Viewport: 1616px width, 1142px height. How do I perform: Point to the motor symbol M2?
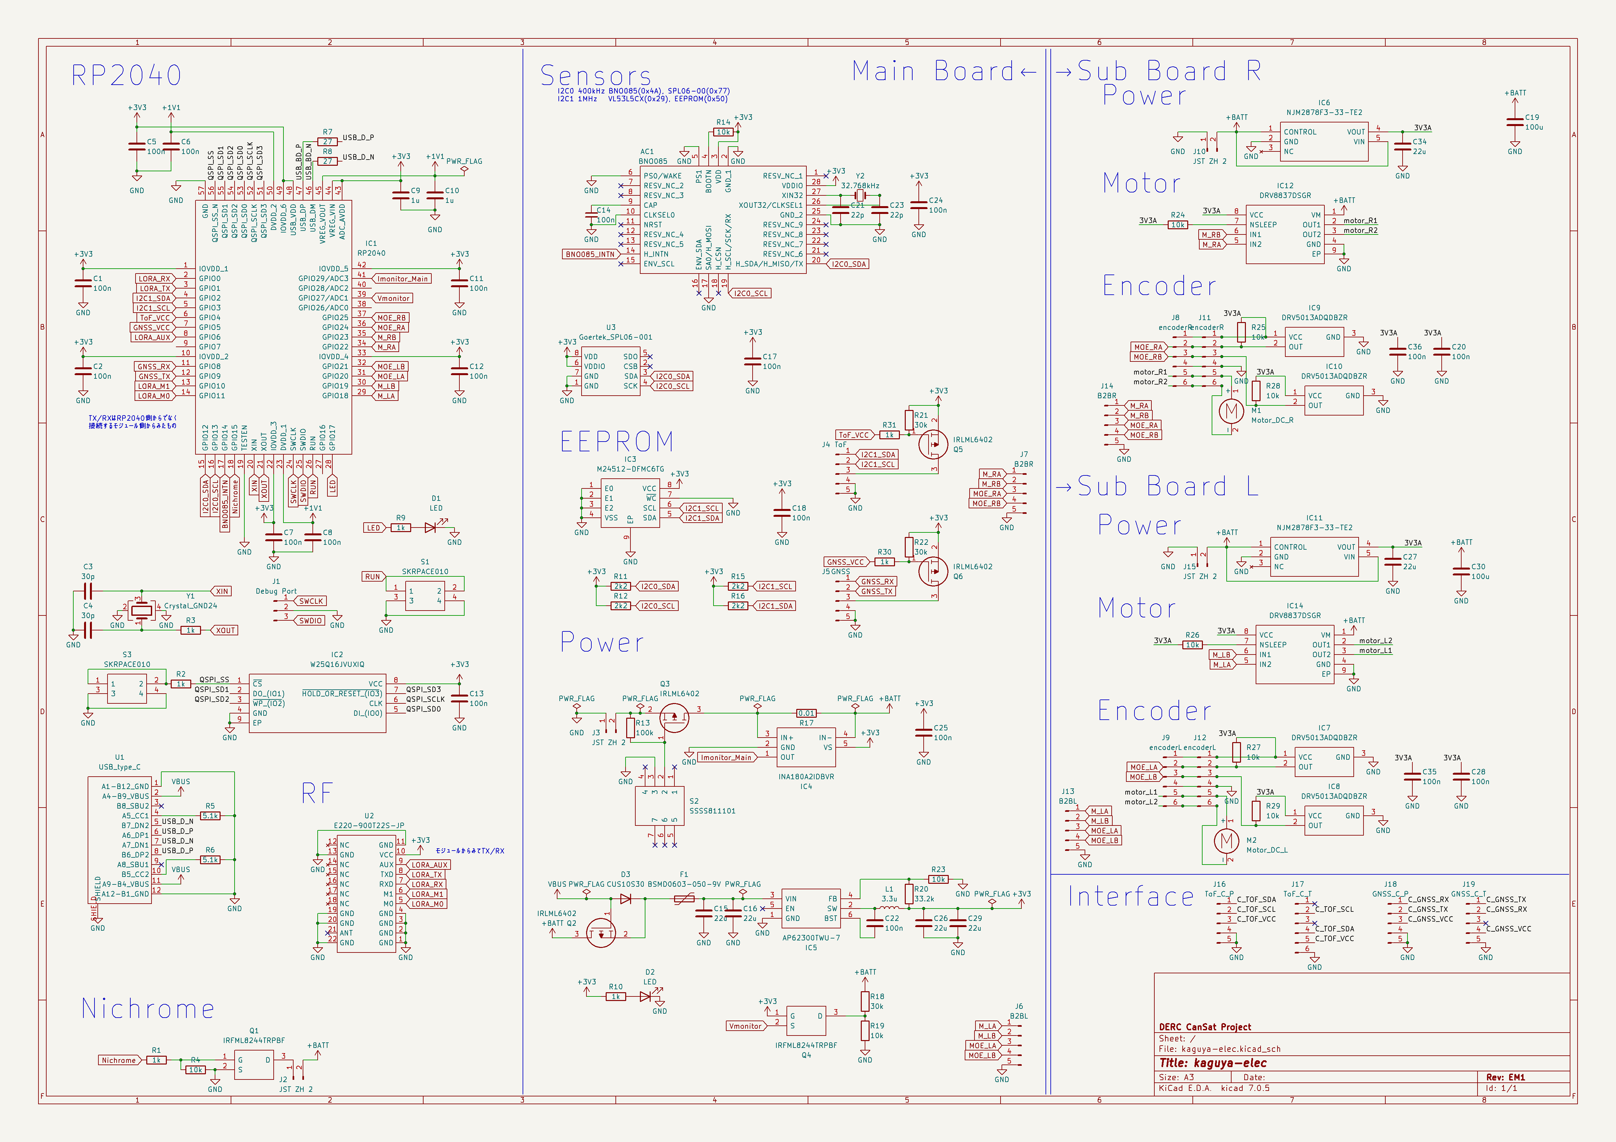tap(1226, 840)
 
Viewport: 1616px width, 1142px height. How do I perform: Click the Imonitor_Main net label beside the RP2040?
tap(401, 279)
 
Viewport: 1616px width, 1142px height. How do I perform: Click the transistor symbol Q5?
tap(933, 445)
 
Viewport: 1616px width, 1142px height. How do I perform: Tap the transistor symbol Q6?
tap(933, 571)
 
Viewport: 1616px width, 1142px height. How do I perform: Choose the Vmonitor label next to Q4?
tap(745, 1026)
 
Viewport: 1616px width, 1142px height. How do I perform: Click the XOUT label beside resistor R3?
tap(225, 630)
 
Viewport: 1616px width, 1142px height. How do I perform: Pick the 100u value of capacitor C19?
tap(1534, 127)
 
